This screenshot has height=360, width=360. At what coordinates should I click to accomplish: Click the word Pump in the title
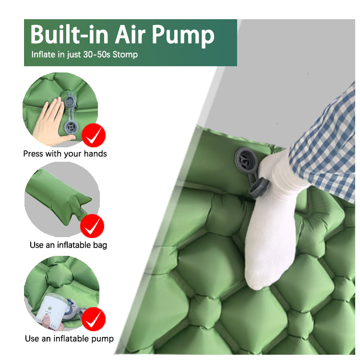coord(183,35)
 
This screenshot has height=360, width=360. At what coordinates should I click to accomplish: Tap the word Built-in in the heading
coord(69,35)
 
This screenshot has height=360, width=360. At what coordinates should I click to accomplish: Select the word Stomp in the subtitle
coord(125,55)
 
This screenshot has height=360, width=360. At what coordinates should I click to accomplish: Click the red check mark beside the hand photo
coord(94,135)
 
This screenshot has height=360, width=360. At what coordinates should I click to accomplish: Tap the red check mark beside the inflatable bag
coord(92,226)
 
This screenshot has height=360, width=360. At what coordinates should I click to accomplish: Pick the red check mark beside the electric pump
coord(94,319)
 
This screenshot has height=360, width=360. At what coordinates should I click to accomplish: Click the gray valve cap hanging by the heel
coord(260,188)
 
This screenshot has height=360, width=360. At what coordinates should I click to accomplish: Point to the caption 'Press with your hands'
coord(65,154)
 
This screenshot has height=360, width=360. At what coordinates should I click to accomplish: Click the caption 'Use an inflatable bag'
coord(69,245)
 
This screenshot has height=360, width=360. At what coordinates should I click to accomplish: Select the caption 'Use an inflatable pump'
coord(69,339)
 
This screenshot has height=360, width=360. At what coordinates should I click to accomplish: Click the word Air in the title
coord(130,35)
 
